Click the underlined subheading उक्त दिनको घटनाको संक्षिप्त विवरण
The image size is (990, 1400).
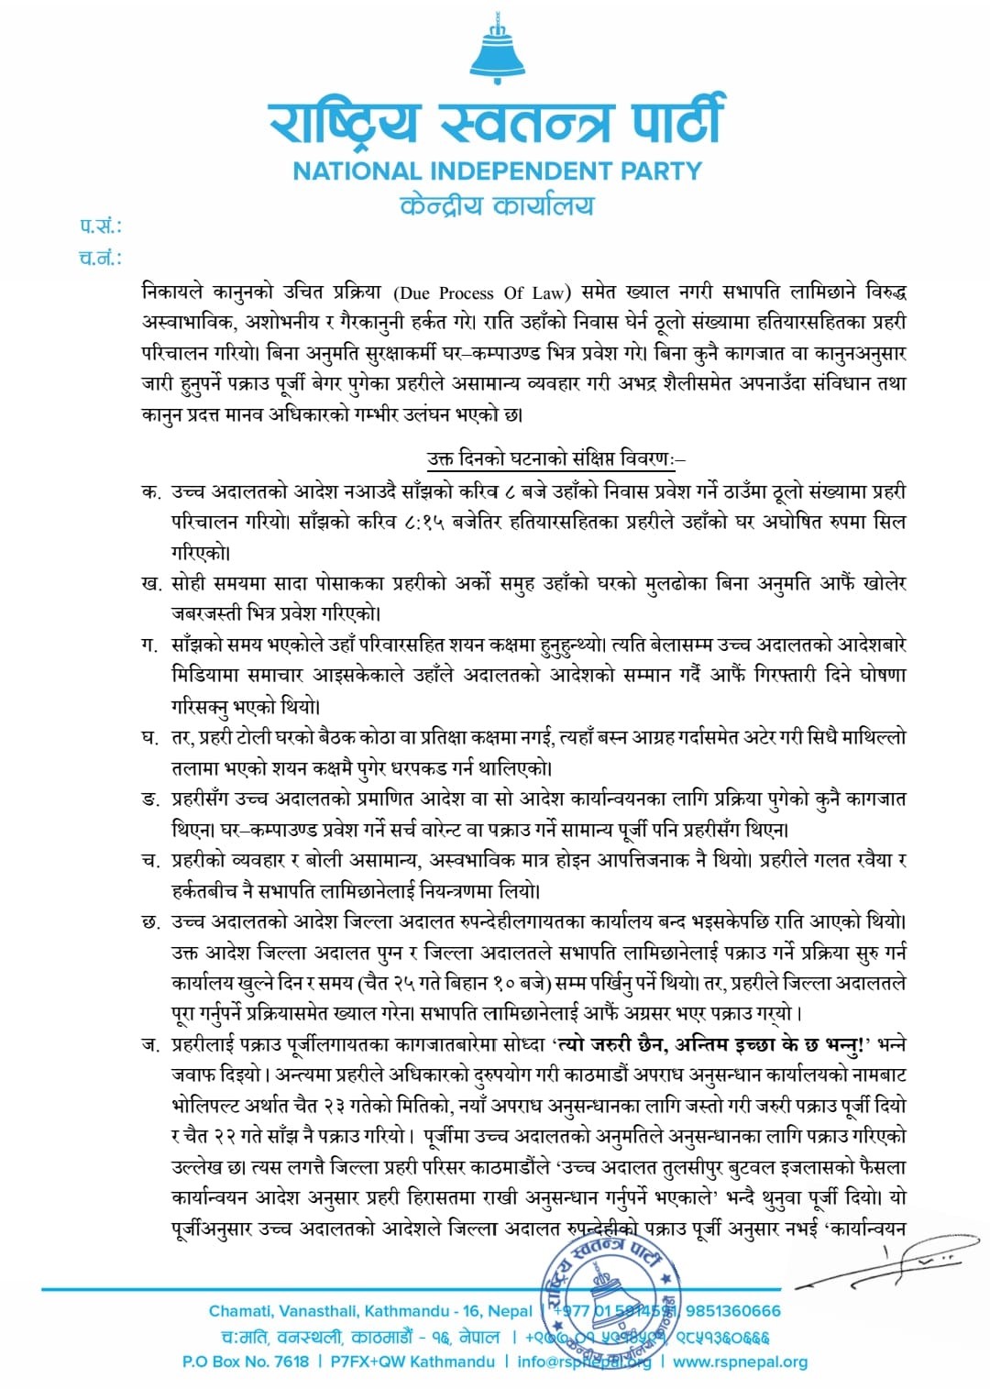click(555, 457)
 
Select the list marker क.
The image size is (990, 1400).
click(150, 492)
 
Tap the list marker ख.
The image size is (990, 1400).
click(151, 584)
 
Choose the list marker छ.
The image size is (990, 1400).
click(151, 921)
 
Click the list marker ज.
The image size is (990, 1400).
click(150, 1044)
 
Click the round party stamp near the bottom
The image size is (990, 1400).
click(608, 1293)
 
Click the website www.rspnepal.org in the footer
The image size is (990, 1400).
click(741, 1361)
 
